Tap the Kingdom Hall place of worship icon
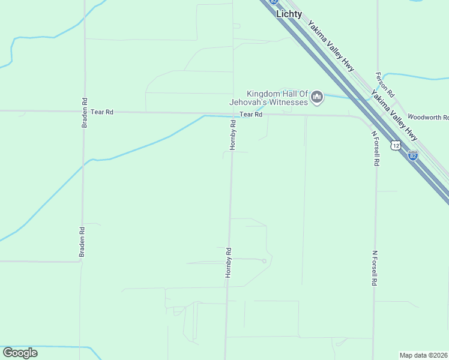coord(318,96)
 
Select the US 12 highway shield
coord(395,145)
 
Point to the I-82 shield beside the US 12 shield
coord(412,155)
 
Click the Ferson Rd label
coord(385,85)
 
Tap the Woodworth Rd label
coord(427,117)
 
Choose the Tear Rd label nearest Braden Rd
coord(102,112)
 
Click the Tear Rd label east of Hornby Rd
coord(251,115)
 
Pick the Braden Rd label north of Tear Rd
coord(85,113)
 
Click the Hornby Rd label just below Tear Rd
coord(234,135)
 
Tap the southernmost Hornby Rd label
coord(228,262)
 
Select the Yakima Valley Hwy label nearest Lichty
coord(330,47)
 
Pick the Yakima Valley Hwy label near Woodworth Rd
coord(394,115)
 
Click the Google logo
coord(20,353)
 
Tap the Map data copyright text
coord(424,355)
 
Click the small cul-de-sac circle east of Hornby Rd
coord(264,260)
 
